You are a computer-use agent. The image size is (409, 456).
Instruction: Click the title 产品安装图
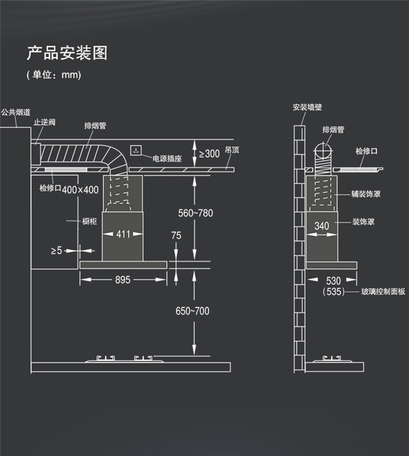coord(67,53)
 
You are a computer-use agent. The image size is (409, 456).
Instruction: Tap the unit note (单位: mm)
coord(53,74)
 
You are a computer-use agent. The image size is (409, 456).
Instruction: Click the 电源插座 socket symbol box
coord(135,151)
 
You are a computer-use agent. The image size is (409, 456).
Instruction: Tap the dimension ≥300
coord(209,153)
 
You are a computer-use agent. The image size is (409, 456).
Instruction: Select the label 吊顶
coord(232,151)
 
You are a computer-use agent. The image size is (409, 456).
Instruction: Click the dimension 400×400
coord(81,189)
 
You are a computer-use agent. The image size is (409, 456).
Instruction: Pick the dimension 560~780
coord(196,213)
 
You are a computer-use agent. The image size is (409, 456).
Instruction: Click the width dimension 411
coord(123,235)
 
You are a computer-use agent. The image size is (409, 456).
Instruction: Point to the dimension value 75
coord(176,235)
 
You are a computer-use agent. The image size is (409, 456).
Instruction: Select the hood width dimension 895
coord(123,280)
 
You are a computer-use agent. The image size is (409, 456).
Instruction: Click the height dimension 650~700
coord(192,311)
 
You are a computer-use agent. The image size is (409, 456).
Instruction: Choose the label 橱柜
coord(89,221)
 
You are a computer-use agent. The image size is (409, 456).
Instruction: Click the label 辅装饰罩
coord(366,194)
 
